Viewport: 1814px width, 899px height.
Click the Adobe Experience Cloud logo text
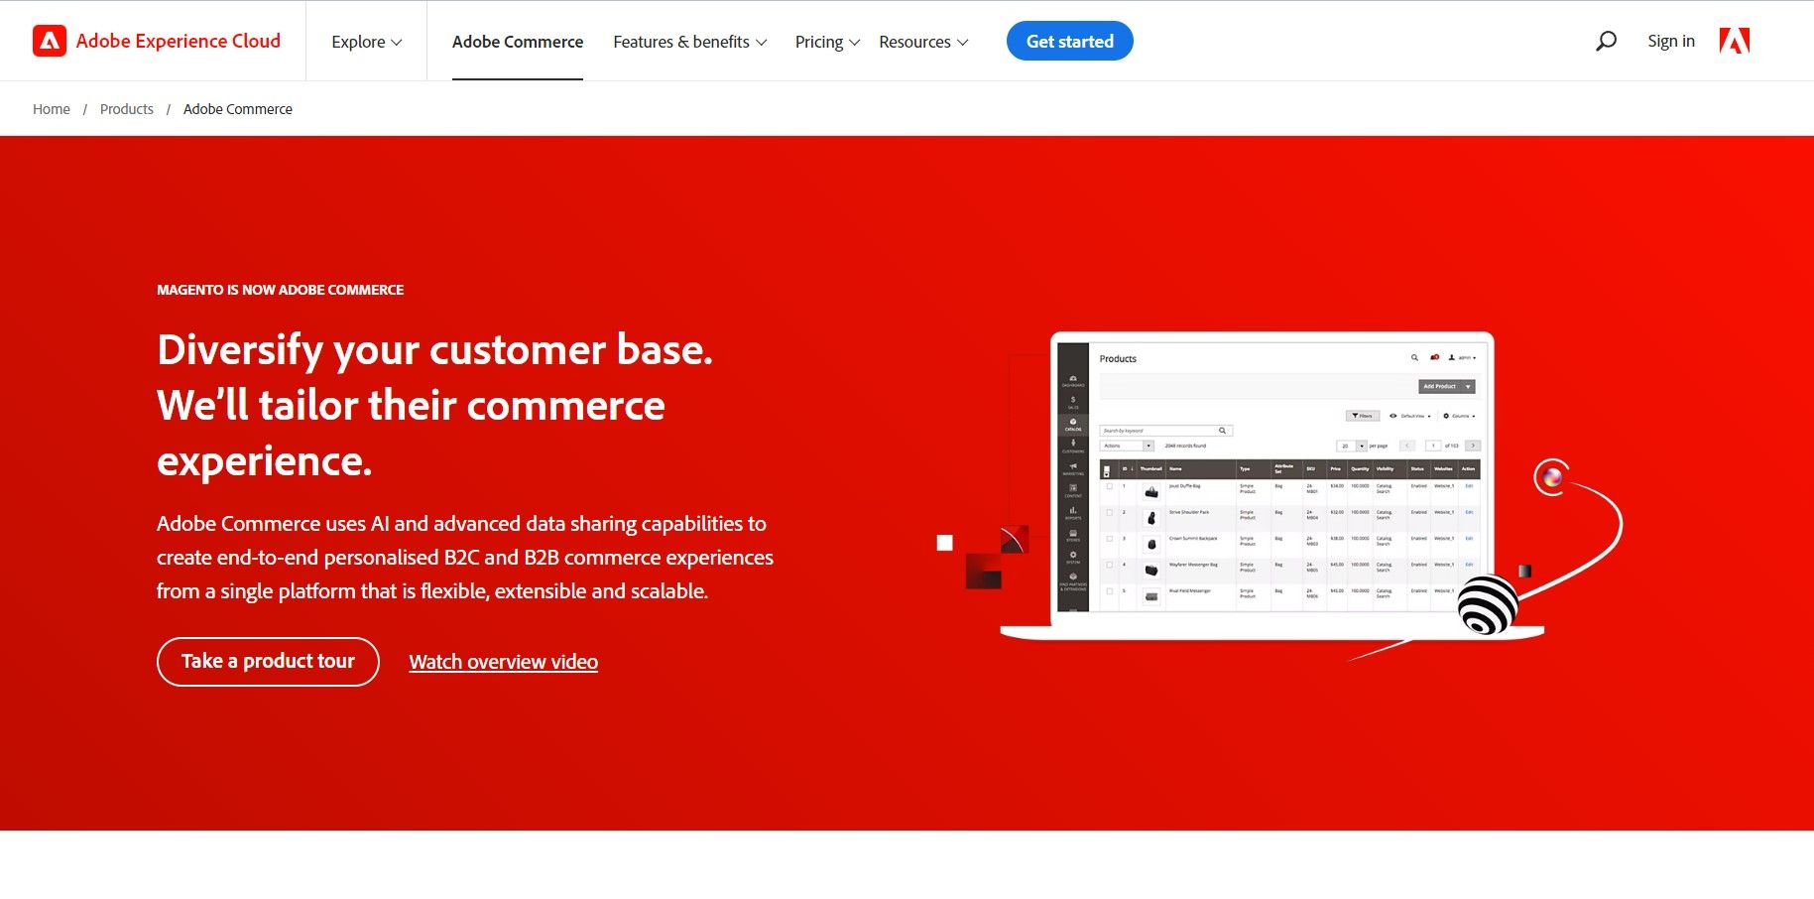[178, 41]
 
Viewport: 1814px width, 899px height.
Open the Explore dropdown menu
[366, 42]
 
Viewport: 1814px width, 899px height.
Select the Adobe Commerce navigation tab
[517, 42]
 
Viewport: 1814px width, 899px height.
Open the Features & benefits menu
[689, 42]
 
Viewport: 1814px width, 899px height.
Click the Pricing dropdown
[826, 42]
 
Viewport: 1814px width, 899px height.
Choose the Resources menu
[922, 42]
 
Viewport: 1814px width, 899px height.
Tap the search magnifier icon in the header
[1606, 41]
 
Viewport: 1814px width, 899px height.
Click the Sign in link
[1670, 41]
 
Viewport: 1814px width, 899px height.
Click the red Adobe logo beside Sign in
[1734, 41]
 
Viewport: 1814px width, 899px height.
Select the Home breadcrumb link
[52, 109]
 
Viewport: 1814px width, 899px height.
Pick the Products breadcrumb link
[127, 109]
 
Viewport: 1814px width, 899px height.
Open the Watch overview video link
[503, 662]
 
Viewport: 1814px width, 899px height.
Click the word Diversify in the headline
[240, 350]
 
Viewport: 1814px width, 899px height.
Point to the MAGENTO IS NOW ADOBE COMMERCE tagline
[280, 290]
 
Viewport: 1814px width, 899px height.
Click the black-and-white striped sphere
[1487, 604]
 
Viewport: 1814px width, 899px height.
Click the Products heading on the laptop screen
[1118, 359]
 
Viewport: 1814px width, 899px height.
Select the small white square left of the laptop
[944, 543]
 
